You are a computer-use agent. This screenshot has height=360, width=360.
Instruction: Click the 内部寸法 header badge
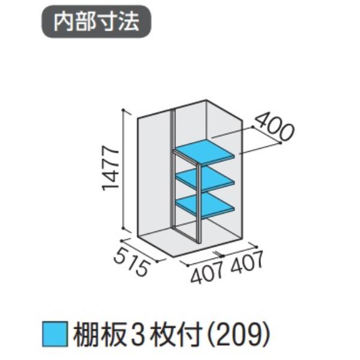click(96, 22)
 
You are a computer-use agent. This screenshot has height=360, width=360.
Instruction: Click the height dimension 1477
click(110, 168)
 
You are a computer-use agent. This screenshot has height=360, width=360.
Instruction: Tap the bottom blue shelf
click(205, 205)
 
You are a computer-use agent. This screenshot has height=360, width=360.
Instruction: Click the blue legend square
click(55, 334)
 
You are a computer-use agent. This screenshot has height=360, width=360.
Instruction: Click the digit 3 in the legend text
click(139, 334)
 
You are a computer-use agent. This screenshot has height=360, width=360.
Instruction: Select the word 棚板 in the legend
click(100, 334)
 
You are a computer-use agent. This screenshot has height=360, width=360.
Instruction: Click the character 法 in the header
click(129, 22)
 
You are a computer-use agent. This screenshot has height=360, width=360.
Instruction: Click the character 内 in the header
click(64, 22)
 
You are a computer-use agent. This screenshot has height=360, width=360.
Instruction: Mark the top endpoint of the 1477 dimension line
click(124, 110)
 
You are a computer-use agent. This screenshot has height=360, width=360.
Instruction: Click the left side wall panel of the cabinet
click(154, 175)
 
